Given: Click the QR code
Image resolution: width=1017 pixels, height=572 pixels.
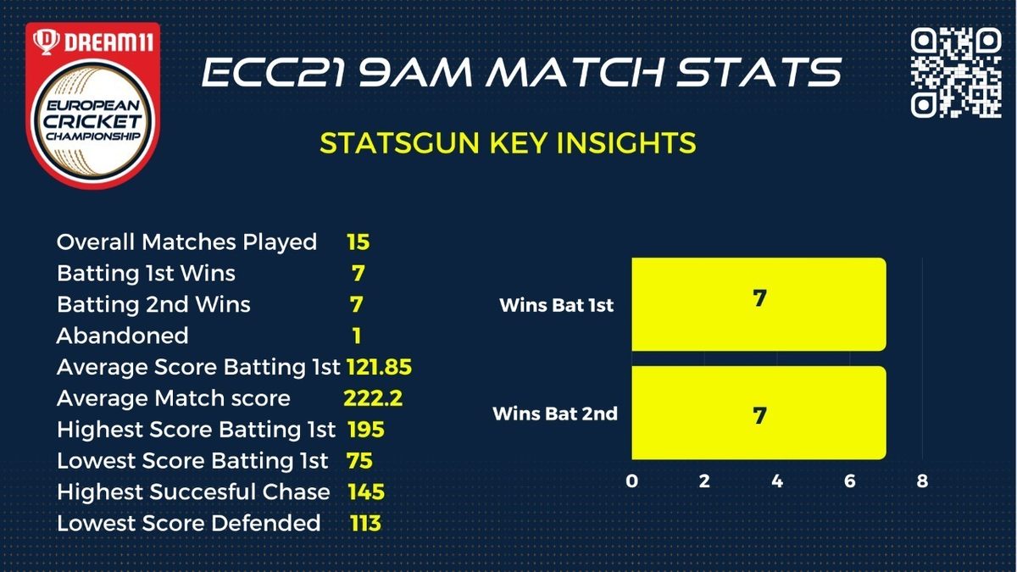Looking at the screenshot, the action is (956, 73).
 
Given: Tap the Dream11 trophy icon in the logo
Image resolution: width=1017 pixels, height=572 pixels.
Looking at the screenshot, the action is (46, 42).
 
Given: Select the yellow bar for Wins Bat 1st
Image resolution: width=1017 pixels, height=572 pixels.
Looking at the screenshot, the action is (759, 304).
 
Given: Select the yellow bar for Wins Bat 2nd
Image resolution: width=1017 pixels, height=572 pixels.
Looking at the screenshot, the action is (759, 413).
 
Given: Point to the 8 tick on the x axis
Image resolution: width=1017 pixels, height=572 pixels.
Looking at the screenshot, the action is (922, 480).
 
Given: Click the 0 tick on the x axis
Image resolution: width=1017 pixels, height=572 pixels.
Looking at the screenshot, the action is (631, 480).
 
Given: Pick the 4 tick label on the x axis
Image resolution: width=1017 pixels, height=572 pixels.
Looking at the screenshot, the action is (777, 480).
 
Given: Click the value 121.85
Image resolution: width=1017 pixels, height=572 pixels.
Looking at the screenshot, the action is (379, 367).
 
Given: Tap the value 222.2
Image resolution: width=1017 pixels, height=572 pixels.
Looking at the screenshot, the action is (373, 398).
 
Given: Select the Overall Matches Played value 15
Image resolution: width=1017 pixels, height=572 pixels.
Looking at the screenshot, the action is (358, 242).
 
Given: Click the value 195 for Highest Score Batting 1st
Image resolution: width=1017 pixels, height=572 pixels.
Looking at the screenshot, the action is (366, 430).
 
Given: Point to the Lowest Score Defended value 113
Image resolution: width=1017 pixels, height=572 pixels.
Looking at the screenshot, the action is (365, 523).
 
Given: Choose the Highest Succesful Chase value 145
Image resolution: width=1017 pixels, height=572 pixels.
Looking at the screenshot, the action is (366, 491).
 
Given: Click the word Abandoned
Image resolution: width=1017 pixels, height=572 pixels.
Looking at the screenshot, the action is (123, 336).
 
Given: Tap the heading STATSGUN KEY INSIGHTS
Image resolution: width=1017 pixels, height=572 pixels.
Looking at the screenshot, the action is (508, 143).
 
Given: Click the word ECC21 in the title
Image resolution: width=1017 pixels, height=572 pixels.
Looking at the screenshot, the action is (271, 72).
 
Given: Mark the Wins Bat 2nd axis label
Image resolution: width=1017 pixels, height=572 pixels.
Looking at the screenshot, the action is (555, 414).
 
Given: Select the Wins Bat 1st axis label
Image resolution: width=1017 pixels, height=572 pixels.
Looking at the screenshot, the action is (556, 305).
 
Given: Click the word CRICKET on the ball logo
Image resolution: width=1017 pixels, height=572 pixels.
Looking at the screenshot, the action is (92, 121).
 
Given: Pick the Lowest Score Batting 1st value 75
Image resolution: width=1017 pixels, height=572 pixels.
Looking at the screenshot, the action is (359, 461).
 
